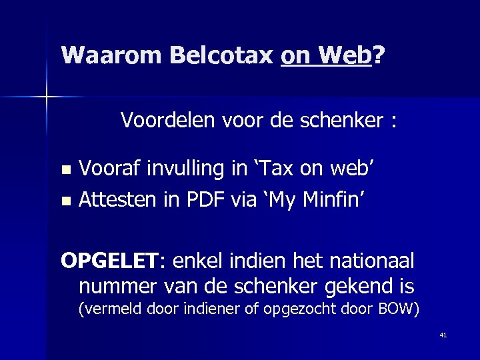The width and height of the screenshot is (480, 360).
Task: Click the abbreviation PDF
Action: coord(212,197)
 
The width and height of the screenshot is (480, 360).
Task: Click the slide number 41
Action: coord(443,335)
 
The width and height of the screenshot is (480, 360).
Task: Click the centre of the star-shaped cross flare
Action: coord(47,97)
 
